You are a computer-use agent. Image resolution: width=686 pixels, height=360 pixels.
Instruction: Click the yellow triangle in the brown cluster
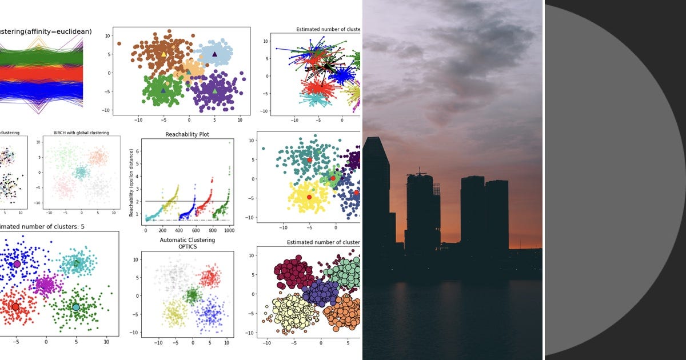point(163,54)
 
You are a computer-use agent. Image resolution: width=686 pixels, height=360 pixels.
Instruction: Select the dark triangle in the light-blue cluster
point(215,54)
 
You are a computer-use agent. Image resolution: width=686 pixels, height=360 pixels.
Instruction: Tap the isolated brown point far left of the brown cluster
point(119,43)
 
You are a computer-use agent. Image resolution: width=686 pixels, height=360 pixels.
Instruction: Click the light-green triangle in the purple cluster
point(215,91)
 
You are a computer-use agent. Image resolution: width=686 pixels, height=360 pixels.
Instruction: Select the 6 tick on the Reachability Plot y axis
point(137,151)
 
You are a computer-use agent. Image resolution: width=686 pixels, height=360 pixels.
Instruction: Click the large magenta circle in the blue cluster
point(17,264)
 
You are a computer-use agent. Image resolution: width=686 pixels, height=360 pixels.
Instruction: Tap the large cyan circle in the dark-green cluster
point(76,307)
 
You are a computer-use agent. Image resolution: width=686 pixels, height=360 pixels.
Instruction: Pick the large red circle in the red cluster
point(15,307)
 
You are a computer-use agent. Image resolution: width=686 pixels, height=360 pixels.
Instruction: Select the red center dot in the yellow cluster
point(309,197)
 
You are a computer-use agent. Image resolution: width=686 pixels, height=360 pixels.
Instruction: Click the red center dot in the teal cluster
point(310,160)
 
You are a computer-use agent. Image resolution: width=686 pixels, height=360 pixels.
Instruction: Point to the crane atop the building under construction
point(421,171)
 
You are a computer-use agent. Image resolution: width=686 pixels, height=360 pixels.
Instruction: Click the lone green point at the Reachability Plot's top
point(230,143)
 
